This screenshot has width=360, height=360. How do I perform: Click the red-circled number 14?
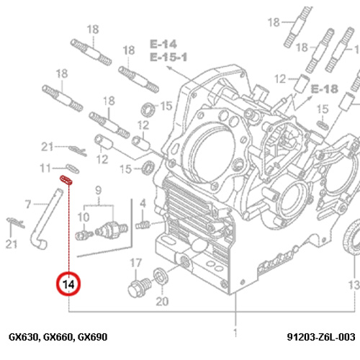(x=68, y=284)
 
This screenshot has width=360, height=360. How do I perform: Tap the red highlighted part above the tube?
(x=66, y=180)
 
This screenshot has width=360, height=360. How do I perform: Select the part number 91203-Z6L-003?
(x=321, y=337)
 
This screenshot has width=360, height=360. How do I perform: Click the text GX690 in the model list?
(x=93, y=337)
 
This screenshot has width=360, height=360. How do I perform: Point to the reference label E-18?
(x=325, y=89)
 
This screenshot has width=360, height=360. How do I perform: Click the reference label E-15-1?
(x=168, y=58)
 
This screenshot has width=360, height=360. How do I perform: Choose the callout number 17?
(x=136, y=263)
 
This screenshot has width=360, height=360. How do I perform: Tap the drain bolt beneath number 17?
(x=139, y=287)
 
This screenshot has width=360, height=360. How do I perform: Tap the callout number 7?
(x=28, y=204)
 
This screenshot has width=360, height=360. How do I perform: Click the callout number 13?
(x=354, y=285)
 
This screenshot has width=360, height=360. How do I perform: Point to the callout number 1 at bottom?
(x=235, y=333)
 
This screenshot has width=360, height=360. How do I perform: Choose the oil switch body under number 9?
(x=112, y=229)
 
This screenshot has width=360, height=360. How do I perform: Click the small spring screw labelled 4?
(x=143, y=225)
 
